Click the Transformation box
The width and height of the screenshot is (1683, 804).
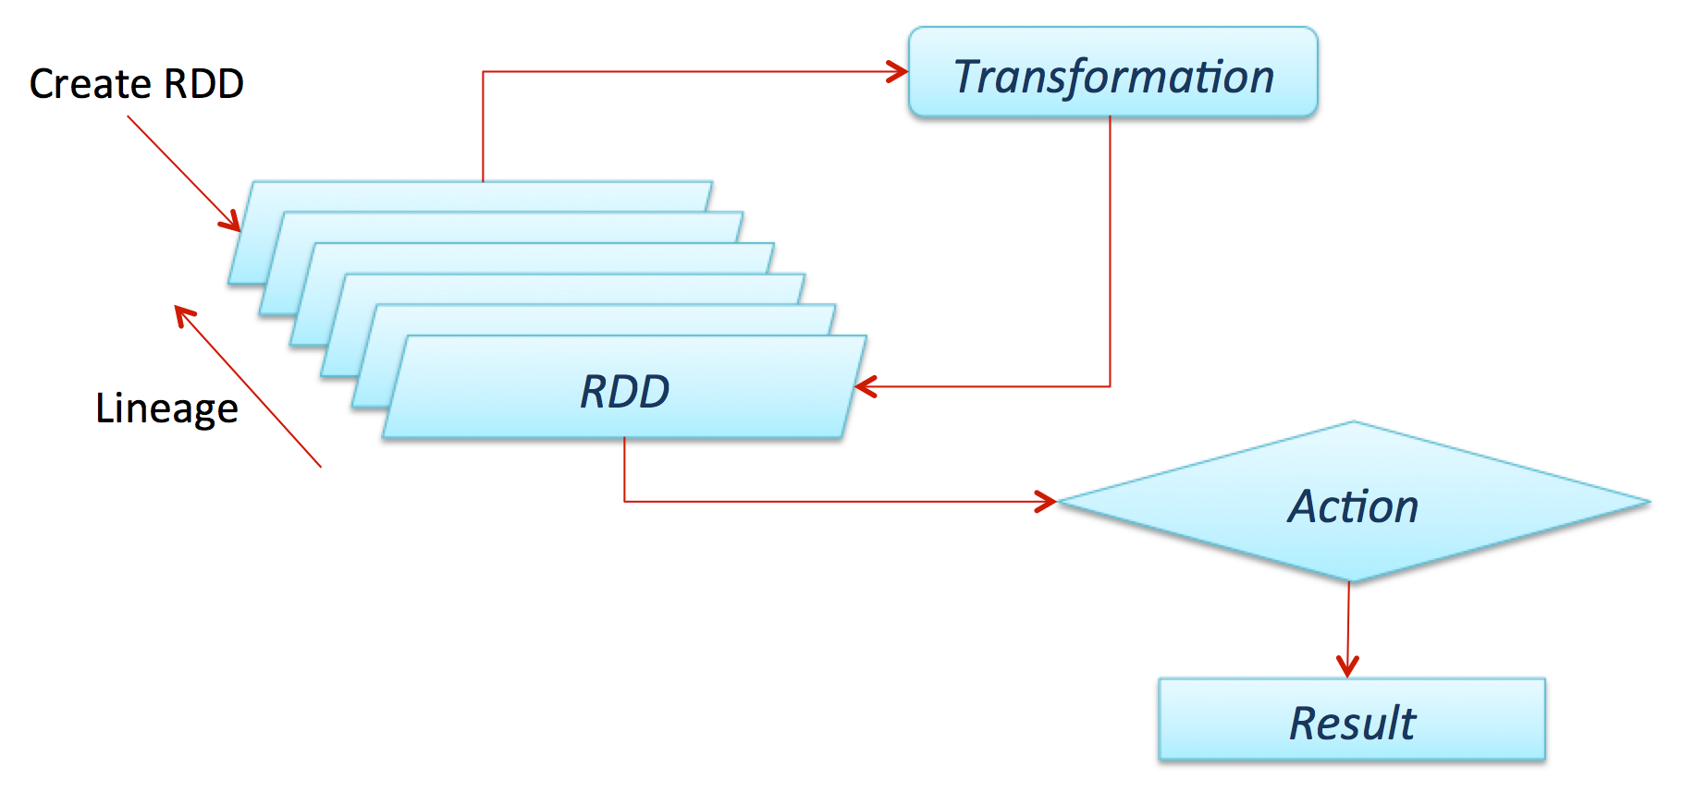(x=1112, y=73)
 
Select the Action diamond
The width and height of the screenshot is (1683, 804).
(x=1352, y=504)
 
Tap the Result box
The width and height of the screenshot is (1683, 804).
(x=1351, y=720)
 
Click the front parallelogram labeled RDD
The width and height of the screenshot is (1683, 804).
(x=624, y=390)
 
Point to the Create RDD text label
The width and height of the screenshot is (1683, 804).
(x=137, y=84)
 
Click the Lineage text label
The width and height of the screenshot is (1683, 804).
(x=166, y=408)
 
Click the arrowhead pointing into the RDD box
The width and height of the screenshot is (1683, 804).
(x=865, y=386)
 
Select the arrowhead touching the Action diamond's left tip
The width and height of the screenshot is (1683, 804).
(x=1047, y=502)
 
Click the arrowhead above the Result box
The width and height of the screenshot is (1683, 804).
(x=1347, y=666)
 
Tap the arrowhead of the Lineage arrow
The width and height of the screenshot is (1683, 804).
(x=184, y=315)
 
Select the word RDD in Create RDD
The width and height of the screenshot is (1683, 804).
(x=203, y=84)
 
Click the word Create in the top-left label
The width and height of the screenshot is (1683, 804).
(x=89, y=84)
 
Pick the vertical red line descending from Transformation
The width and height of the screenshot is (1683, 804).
(x=1110, y=250)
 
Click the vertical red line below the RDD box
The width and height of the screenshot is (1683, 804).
(x=624, y=469)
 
